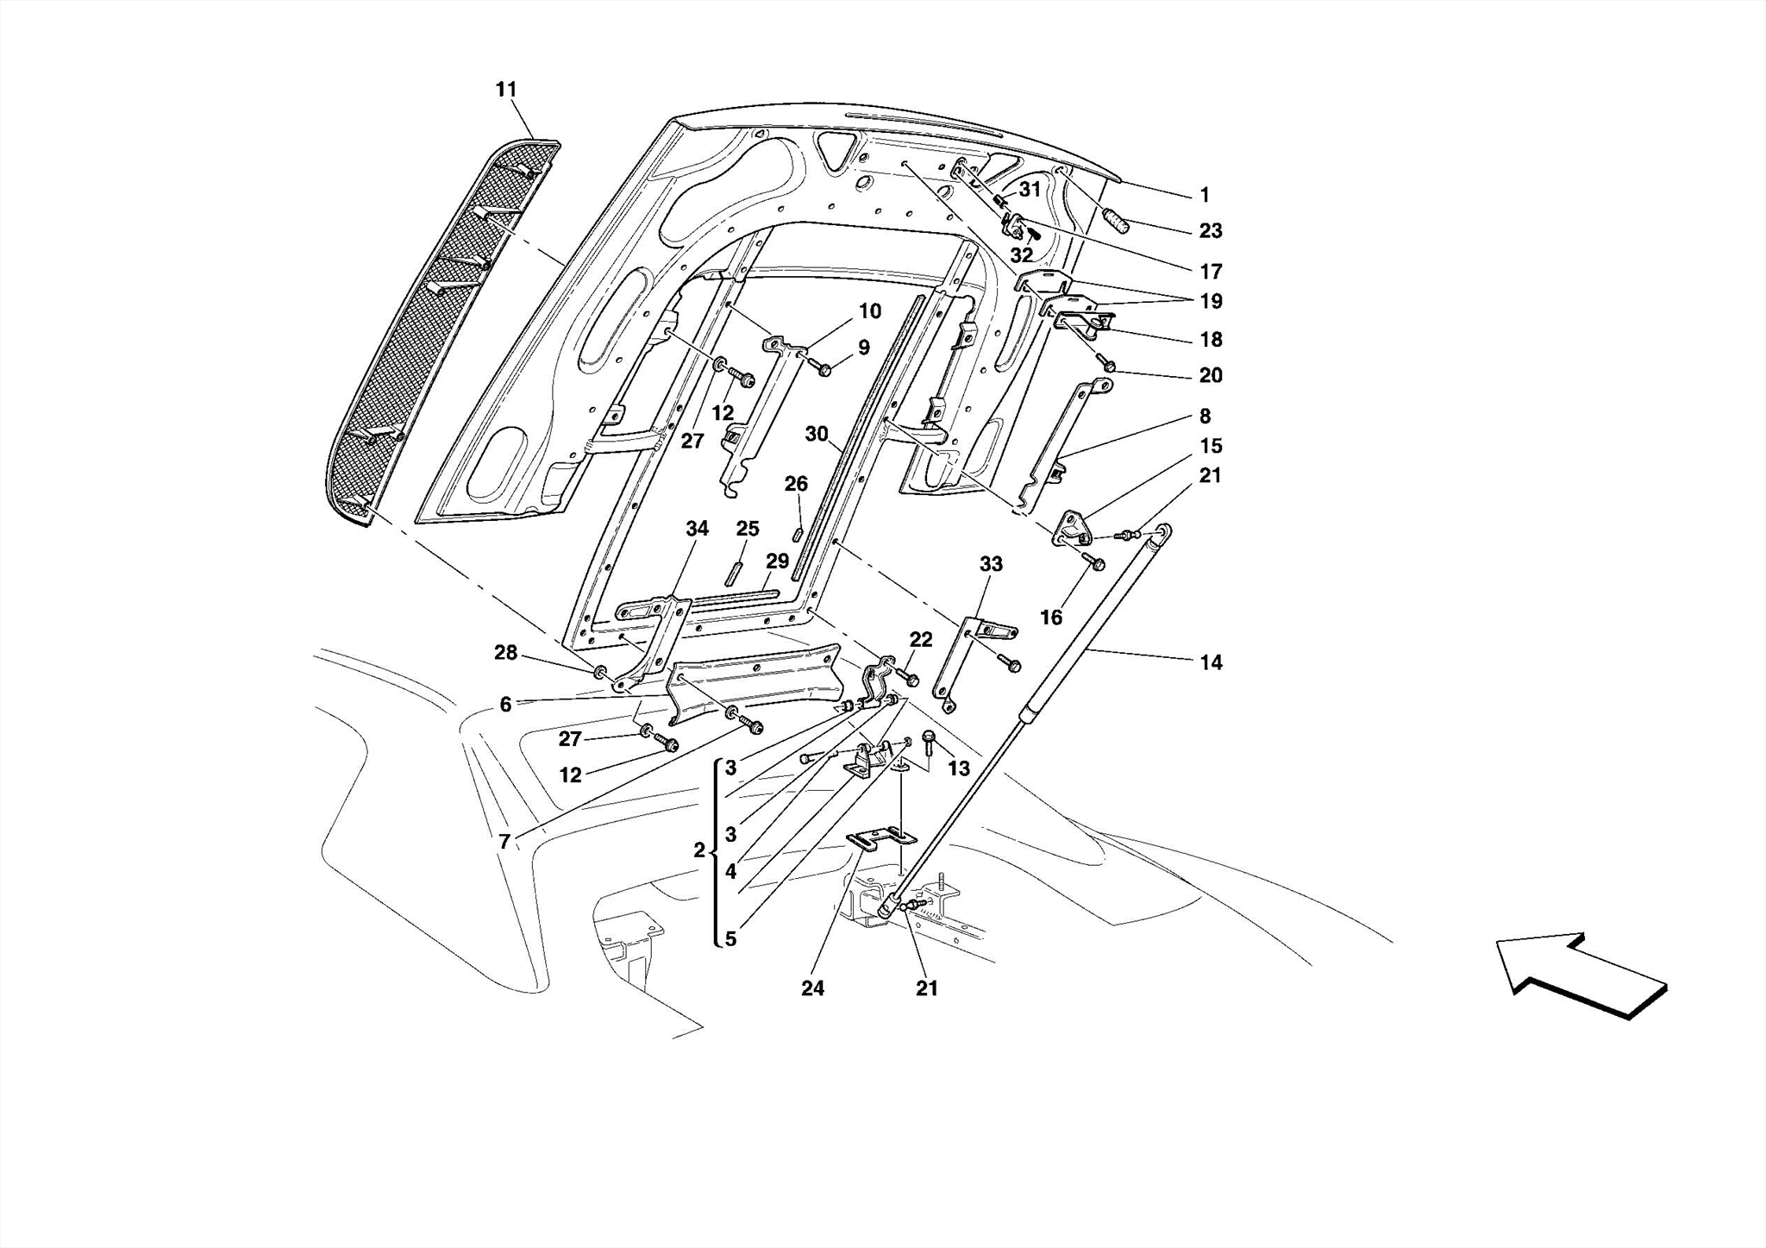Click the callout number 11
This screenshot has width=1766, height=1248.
[x=506, y=90]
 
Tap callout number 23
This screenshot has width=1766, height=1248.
[x=1211, y=231]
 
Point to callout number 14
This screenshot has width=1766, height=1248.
[x=1211, y=662]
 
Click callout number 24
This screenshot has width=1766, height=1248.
[x=812, y=988]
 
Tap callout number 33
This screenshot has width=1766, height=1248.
[x=991, y=564]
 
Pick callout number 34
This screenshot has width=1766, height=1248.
[x=697, y=529]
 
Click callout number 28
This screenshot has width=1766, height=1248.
[x=505, y=653]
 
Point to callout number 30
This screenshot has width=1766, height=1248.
[x=816, y=435]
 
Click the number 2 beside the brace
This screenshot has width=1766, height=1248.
[x=699, y=850]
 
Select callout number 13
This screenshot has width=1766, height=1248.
[x=959, y=768]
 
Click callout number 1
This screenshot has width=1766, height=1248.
[x=1205, y=196]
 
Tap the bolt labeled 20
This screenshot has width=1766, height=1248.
[x=1110, y=367]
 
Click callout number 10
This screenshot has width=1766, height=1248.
[x=870, y=311]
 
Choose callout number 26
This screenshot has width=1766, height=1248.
[x=796, y=484]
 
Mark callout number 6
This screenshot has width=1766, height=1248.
[x=505, y=705]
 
